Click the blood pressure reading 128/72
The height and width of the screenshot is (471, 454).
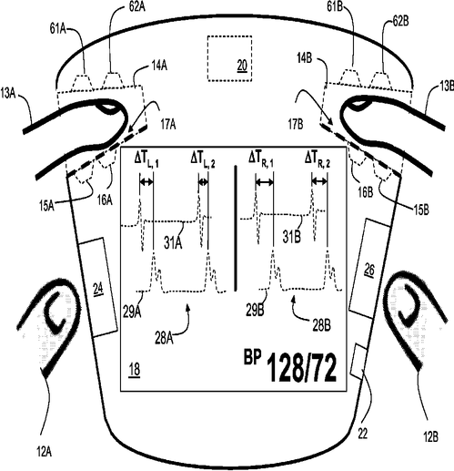(302, 367)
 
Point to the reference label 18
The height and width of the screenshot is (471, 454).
(135, 370)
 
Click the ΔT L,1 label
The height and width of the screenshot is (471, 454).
(146, 160)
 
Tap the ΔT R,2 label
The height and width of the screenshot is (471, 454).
(318, 159)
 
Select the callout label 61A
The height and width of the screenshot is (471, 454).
(58, 29)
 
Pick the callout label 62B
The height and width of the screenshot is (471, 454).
(400, 22)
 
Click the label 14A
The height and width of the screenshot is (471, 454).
(159, 66)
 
